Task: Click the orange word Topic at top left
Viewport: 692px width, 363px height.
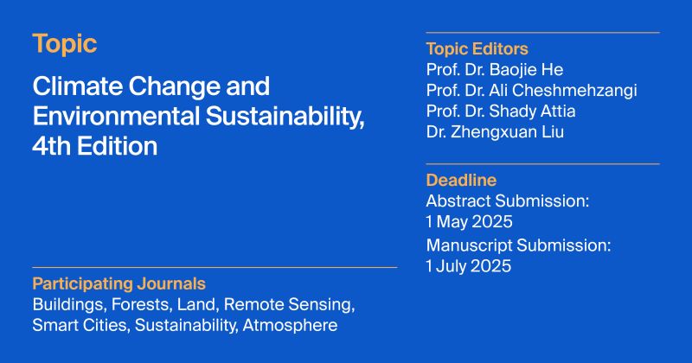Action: [64, 45]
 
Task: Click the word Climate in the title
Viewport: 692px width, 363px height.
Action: [78, 86]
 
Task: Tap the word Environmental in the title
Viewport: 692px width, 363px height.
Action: [116, 116]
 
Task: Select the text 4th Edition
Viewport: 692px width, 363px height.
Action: [95, 146]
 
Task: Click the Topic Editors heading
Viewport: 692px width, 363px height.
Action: [477, 49]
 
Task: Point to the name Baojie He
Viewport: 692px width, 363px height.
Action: [526, 70]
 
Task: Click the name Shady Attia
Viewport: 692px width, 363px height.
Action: [532, 111]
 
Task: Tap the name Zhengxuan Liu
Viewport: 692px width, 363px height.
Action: [507, 132]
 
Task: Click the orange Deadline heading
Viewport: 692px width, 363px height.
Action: [461, 180]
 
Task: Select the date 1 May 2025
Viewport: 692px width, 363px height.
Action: [469, 221]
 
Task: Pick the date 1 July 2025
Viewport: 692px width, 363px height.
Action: [469, 266]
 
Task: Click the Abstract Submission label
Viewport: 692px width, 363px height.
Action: [508, 201]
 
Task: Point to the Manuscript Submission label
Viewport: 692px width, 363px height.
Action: [518, 245]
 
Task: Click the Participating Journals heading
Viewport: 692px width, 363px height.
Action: [119, 283]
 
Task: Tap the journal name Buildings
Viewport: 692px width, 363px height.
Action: [69, 304]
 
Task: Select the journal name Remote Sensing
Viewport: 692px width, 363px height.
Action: [289, 304]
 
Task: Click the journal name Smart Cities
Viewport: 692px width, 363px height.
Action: [80, 325]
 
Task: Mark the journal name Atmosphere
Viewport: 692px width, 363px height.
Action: [290, 326]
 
